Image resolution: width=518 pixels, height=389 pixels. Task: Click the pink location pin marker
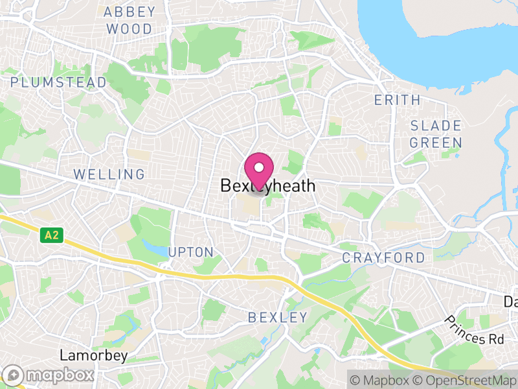(259, 172)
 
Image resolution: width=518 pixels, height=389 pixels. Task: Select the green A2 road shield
(51, 236)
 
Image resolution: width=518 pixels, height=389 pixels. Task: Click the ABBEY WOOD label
(129, 20)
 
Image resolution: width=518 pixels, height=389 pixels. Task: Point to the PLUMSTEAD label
(58, 82)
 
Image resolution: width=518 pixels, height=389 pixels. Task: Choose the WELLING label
(109, 174)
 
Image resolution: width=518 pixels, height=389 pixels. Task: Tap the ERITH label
(398, 100)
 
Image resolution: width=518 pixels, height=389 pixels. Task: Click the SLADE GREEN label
(436, 134)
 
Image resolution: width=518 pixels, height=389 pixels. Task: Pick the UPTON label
(190, 252)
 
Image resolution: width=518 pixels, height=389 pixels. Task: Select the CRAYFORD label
(384, 258)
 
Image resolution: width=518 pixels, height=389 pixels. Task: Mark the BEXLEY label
(278, 317)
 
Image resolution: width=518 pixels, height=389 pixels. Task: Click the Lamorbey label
(93, 355)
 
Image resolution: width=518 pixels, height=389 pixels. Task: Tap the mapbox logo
(50, 375)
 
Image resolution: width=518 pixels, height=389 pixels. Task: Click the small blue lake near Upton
(155, 247)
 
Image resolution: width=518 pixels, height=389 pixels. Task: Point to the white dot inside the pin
(259, 167)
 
